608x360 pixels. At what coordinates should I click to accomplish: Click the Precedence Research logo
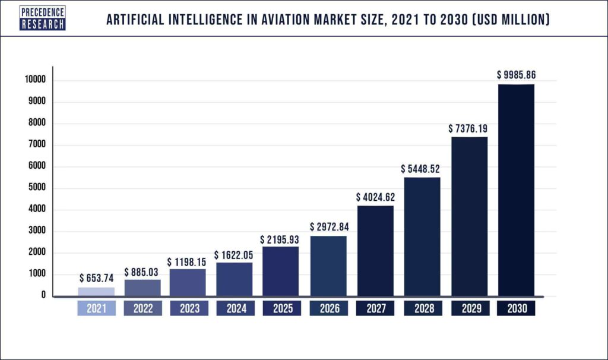pos(43,18)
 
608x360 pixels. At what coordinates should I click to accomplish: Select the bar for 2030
pos(516,190)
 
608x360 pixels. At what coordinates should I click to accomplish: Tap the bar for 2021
pos(96,292)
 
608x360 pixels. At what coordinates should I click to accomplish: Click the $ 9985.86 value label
pos(517,75)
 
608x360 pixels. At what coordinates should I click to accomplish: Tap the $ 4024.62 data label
pos(375,197)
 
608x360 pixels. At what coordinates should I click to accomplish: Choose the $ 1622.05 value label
pos(234,254)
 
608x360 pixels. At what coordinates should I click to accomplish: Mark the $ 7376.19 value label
pos(470,128)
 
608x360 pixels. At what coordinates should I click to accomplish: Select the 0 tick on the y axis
pos(43,295)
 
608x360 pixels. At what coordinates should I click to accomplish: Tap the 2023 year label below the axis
pos(188,309)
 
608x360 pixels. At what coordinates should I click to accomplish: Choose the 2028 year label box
pos(422,309)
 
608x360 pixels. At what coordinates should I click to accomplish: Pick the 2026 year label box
pos(328,309)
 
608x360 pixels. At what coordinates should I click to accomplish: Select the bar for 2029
pos(469,217)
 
